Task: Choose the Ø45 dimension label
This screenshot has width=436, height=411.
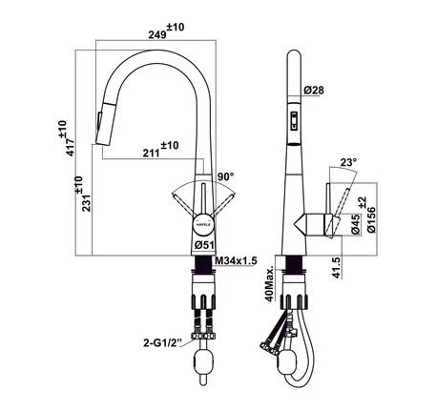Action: [x=356, y=227]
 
